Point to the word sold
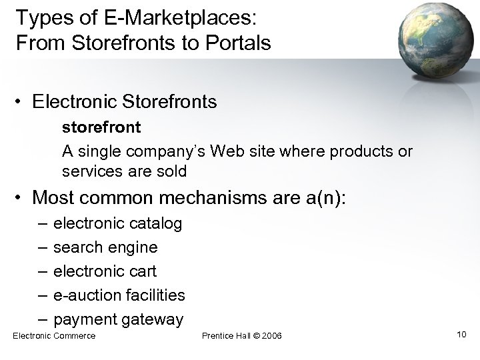[172, 171]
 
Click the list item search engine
[105, 247]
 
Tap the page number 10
[462, 333]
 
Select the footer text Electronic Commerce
[54, 335]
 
